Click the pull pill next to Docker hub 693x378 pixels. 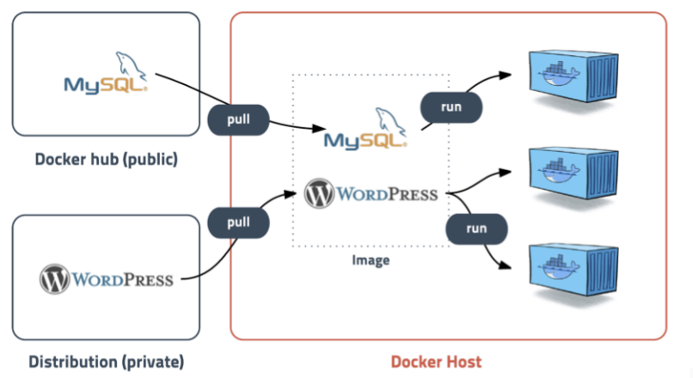(238, 119)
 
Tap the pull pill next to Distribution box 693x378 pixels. (238, 222)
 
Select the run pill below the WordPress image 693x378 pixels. (476, 229)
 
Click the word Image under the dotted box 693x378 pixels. (371, 259)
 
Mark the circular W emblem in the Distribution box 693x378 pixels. (52, 279)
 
